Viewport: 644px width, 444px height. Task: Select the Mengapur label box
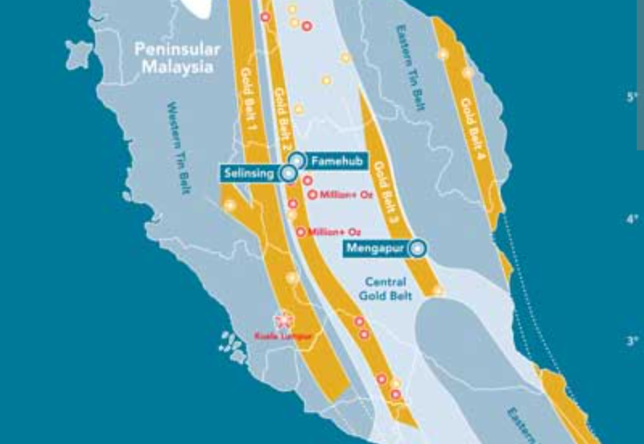click(375, 249)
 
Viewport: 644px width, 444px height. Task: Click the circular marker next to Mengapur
click(417, 249)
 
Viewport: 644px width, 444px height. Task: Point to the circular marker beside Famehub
click(297, 159)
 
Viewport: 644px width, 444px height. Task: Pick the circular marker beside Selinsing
click(287, 173)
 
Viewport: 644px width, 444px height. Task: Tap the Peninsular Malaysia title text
click(177, 59)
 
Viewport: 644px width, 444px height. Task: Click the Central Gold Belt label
click(389, 289)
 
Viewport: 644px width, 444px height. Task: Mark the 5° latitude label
click(631, 97)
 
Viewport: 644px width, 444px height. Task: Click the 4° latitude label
click(631, 219)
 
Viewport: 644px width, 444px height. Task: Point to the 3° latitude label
click(631, 340)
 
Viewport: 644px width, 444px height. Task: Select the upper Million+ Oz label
click(340, 195)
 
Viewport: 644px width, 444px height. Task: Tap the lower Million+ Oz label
click(328, 232)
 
